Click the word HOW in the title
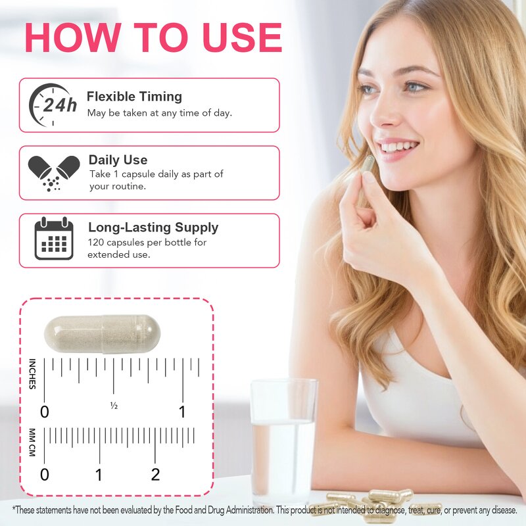pyautogui.click(x=73, y=37)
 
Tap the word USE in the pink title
pyautogui.click(x=242, y=37)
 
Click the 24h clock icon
pyautogui.click(x=53, y=105)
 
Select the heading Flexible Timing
pyautogui.click(x=134, y=97)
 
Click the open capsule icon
pyautogui.click(x=54, y=173)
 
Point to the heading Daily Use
pyautogui.click(x=118, y=160)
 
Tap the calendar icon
pyautogui.click(x=54, y=239)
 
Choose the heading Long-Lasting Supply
pyautogui.click(x=153, y=227)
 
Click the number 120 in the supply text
pyautogui.click(x=95, y=242)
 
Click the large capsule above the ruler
pyautogui.click(x=103, y=334)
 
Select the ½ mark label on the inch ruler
pyautogui.click(x=114, y=406)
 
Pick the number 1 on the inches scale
pyautogui.click(x=182, y=412)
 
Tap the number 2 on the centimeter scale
pyautogui.click(x=155, y=475)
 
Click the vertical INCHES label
pyautogui.click(x=32, y=373)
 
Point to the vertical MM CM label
pyautogui.click(x=32, y=442)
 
